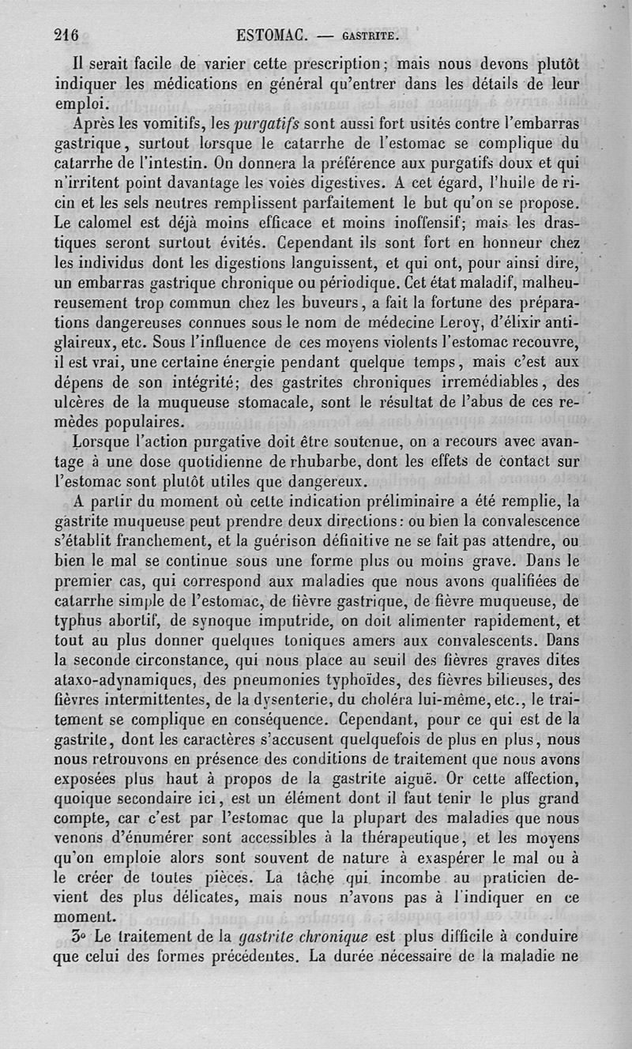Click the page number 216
coord(69,35)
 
